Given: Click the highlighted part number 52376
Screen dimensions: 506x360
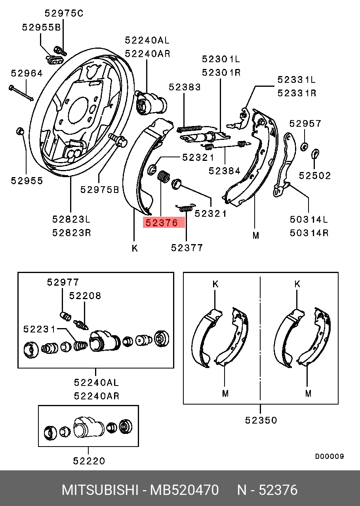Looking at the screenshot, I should (164, 223).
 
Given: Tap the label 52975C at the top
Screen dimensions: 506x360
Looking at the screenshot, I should (64, 13).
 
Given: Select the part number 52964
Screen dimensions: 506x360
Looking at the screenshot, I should (26, 73).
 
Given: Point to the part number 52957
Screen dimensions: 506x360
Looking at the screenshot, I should (305, 124).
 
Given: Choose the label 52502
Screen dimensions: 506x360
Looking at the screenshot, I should (314, 176).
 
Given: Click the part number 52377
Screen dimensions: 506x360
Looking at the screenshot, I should (187, 248).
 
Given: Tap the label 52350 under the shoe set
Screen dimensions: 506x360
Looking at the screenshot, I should (261, 420).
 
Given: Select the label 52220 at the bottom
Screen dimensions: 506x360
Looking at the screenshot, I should (89, 461).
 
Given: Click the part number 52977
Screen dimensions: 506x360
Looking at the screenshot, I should (63, 282).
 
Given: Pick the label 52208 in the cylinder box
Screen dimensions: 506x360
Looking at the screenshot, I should (85, 296).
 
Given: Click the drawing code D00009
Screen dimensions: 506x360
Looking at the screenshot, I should (329, 456).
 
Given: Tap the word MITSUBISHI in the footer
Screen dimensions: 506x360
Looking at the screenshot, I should (99, 490).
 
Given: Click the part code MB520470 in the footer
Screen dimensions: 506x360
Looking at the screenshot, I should (184, 490).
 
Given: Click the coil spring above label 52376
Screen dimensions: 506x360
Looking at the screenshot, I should (163, 176).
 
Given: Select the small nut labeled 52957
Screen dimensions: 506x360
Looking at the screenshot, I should (305, 146).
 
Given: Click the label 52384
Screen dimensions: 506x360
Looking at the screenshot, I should (225, 171).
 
